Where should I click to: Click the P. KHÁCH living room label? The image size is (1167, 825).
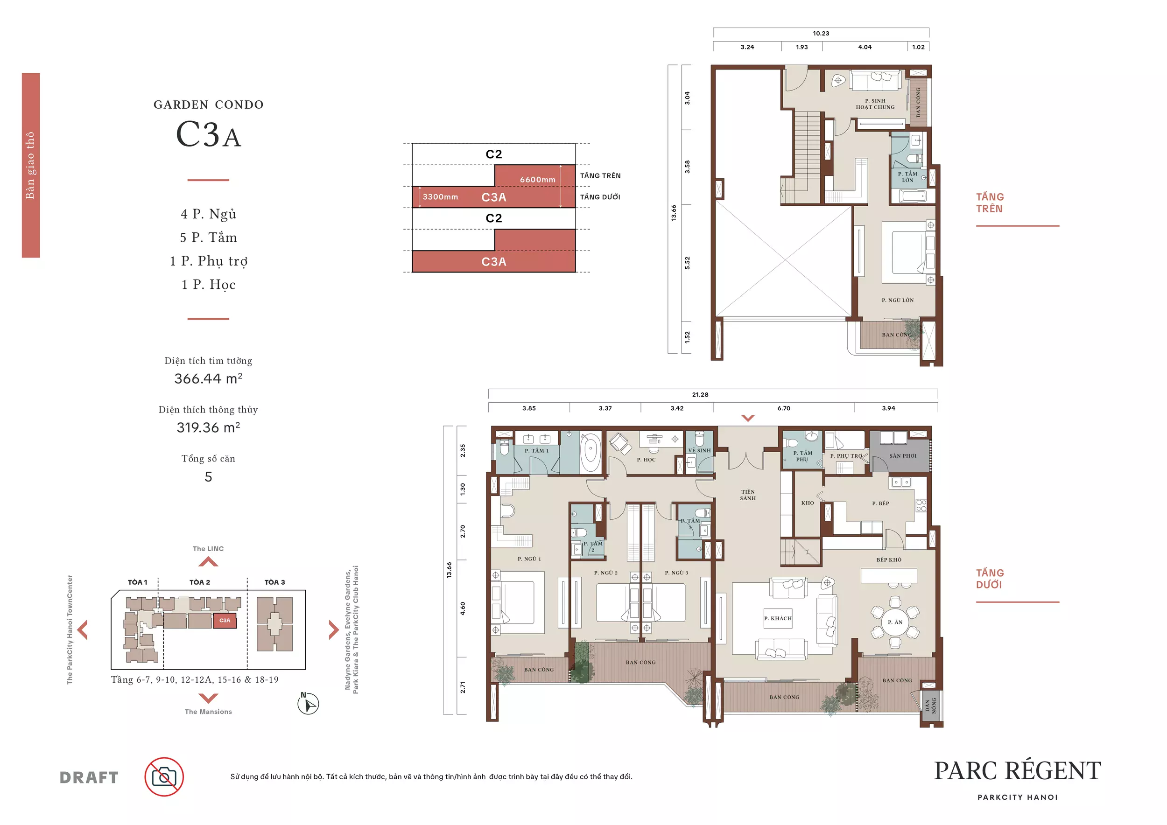point(778,618)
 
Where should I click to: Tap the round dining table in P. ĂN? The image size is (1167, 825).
point(895,622)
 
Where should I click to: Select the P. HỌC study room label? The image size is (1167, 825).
point(646,460)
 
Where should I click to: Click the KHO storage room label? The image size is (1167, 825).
point(808,503)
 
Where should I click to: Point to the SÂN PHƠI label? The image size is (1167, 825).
point(903,456)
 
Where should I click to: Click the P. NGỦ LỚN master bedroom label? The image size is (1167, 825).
point(898,300)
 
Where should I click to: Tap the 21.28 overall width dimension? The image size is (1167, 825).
point(700,395)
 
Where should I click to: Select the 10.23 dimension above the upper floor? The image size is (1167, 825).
point(821,34)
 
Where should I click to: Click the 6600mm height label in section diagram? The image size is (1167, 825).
point(537,180)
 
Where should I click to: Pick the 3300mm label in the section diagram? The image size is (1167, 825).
point(440,197)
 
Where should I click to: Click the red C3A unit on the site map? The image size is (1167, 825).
point(225,620)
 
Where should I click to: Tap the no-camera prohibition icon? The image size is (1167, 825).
point(164,777)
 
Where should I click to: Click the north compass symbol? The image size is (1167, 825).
point(308,704)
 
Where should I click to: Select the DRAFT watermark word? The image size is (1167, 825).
point(89,778)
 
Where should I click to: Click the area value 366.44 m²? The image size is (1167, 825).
point(208,379)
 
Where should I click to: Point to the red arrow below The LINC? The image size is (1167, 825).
point(208,561)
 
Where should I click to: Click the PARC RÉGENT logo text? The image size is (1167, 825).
point(1018,771)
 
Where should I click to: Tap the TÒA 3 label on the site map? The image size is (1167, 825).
point(274,582)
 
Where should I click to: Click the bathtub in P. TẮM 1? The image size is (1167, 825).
point(590,452)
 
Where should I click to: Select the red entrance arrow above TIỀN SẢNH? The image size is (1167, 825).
point(748,418)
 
